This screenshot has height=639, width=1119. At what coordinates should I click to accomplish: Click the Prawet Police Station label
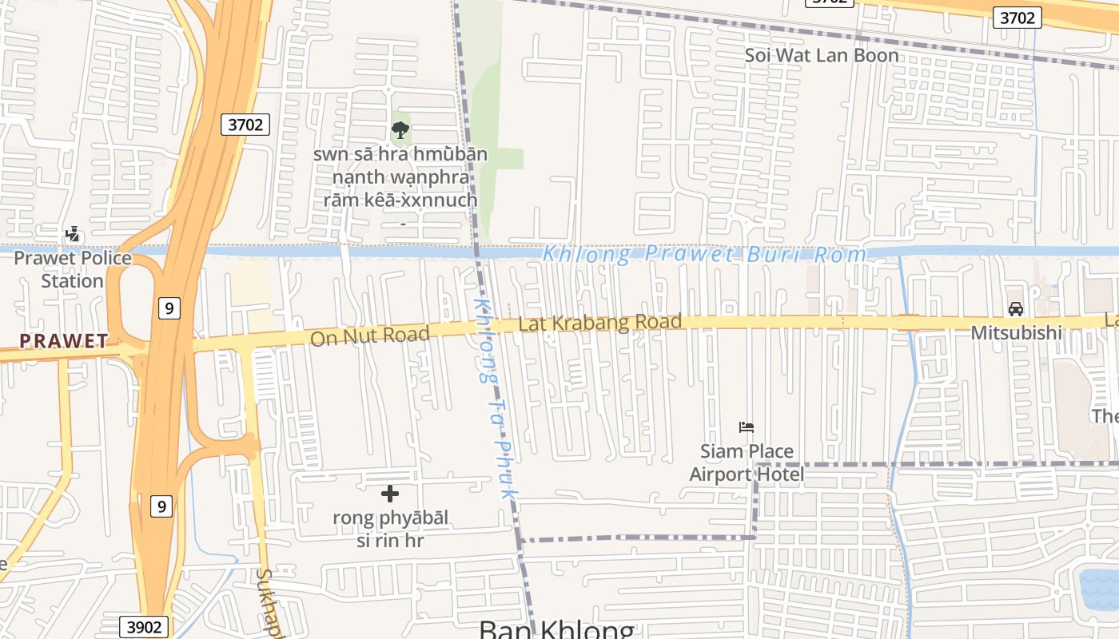[x=73, y=269]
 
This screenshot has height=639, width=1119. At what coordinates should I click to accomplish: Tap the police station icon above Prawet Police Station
[x=73, y=235]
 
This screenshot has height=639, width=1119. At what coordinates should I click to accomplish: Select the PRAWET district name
[x=64, y=341]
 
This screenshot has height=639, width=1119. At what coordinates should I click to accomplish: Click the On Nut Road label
[x=369, y=335]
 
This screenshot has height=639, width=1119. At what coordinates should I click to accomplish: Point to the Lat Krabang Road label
[x=599, y=323]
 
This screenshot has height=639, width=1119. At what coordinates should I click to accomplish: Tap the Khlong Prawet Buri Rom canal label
[x=704, y=255]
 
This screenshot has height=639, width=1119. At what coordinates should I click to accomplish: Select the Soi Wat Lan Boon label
[x=822, y=56]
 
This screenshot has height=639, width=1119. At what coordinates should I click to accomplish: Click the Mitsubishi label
[x=1016, y=332]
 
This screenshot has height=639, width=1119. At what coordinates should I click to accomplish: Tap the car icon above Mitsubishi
[x=1016, y=309]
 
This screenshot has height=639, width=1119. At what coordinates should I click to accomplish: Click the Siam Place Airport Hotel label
[x=747, y=463]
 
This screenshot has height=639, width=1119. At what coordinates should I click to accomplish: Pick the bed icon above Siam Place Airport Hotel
[x=747, y=427]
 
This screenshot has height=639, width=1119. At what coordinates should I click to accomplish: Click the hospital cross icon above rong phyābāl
[x=390, y=494]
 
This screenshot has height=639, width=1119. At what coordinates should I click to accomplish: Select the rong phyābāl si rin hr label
[x=391, y=530]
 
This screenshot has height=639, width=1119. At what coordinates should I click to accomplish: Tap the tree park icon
[x=400, y=130]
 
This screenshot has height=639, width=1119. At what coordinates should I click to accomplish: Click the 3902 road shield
[x=145, y=627]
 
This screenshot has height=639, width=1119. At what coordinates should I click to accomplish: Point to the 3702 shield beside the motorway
[x=245, y=125]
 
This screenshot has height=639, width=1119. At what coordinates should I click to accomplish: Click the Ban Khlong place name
[x=556, y=629]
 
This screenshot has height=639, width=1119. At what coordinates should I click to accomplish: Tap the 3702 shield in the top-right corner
[x=1017, y=18]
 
